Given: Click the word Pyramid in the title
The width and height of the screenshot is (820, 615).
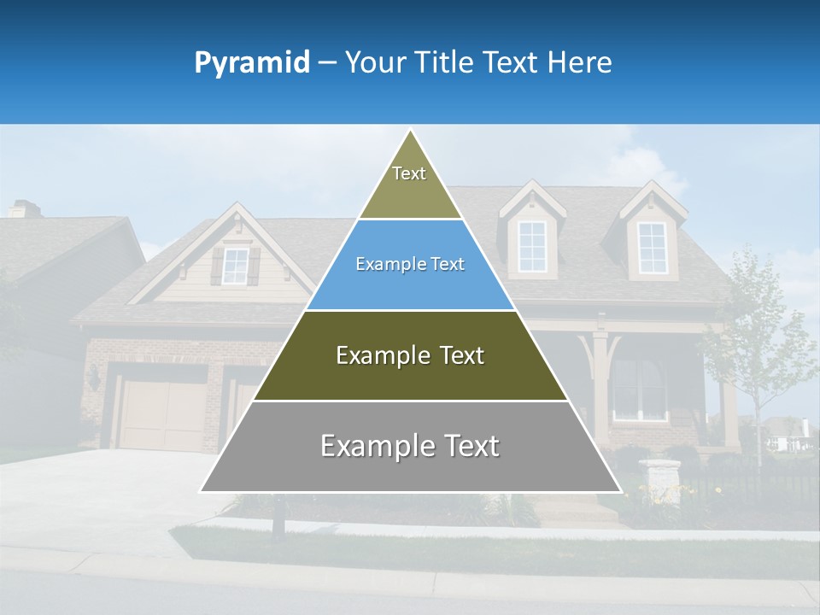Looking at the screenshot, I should click(x=252, y=63).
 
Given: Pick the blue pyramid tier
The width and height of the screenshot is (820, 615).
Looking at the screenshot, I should click(x=410, y=265).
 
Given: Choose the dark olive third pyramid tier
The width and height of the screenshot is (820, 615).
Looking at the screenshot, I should click(x=410, y=356).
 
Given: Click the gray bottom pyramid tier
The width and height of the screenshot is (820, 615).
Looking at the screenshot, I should click(x=410, y=447).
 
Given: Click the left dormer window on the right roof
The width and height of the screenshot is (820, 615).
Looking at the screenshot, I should click(x=531, y=247).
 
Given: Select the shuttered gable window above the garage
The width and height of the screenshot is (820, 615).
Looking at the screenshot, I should click(x=235, y=266).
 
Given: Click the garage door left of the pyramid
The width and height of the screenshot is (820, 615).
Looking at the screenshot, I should click(x=163, y=414).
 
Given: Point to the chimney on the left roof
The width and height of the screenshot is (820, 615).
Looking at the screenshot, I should click(x=25, y=208).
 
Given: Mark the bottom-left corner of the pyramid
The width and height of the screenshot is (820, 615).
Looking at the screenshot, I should click(x=201, y=491).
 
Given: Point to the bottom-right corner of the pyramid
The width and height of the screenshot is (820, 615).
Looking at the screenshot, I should click(x=621, y=491).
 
